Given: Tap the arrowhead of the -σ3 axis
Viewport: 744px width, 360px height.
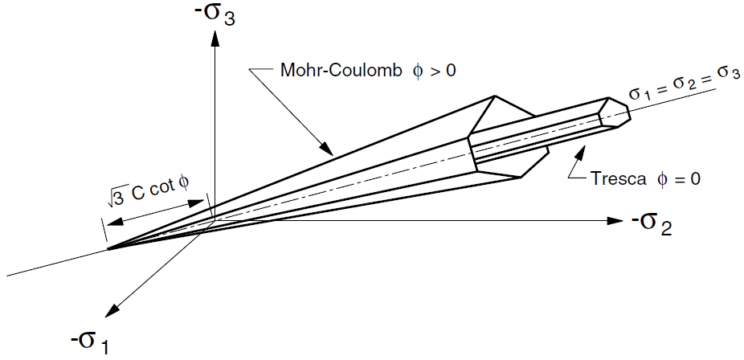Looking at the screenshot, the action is click(215, 39).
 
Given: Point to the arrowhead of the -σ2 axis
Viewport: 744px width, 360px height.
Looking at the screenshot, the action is click(615, 220).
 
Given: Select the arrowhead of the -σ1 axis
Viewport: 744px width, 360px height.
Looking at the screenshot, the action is click(112, 310).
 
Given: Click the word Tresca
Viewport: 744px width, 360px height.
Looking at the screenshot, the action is click(619, 179).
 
